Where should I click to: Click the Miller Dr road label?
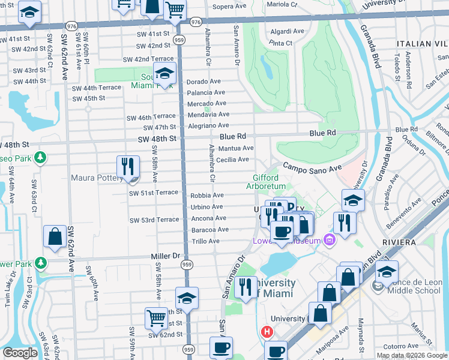click(165, 256)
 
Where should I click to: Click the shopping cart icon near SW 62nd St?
click(157, 318)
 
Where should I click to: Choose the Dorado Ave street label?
click(203, 82)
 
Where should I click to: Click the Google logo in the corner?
click(20, 353)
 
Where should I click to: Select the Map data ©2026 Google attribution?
click(411, 355)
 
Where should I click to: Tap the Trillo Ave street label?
click(205, 241)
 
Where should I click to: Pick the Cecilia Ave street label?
click(233, 160)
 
